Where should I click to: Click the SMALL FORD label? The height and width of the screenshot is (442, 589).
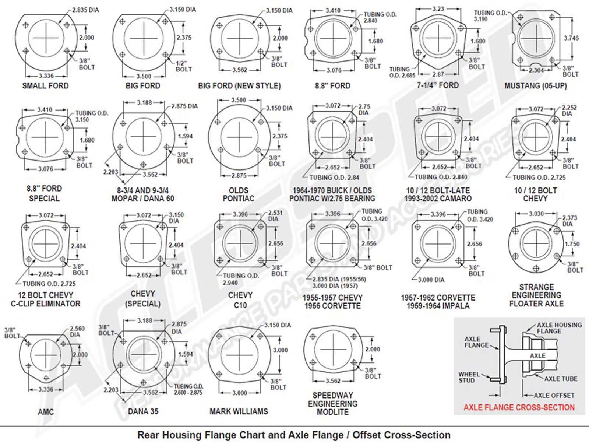(45, 86)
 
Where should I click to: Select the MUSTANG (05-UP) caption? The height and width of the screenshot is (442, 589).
(536, 86)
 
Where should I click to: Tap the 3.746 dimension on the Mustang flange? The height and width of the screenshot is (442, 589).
(571, 38)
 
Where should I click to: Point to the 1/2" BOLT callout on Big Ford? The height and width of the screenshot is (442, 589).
(183, 66)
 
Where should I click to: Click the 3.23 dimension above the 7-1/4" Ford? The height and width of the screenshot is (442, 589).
(438, 9)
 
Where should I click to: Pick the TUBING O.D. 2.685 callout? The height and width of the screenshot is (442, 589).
(402, 72)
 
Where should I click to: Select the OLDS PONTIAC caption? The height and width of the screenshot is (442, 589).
(239, 194)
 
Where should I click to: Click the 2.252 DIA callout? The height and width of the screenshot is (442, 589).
(569, 110)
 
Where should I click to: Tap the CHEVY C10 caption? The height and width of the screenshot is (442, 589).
(240, 300)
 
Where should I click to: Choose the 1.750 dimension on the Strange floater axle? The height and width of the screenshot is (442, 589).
(572, 244)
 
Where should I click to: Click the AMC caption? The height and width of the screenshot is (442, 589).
(46, 411)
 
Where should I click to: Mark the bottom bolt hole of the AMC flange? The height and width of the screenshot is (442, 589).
(46, 378)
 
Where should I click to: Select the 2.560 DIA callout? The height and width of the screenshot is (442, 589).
(77, 331)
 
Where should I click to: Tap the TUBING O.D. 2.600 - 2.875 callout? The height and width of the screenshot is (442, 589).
(188, 389)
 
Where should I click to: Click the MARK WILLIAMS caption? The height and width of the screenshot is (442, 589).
(239, 411)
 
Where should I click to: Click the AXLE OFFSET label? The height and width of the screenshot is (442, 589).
(554, 395)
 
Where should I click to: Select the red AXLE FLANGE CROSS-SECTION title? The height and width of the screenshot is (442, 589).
(519, 407)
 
